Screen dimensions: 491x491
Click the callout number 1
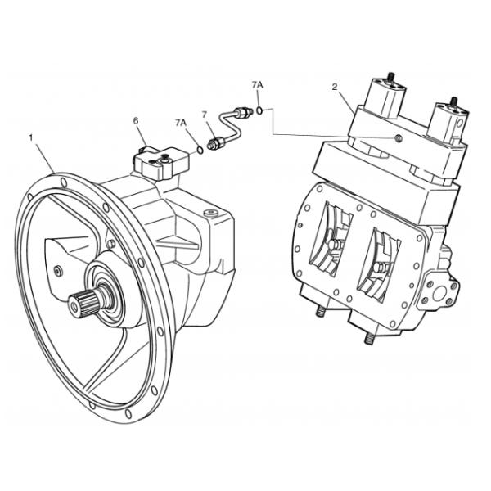(32, 137)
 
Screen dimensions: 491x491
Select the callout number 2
(335, 85)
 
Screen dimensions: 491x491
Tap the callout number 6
(137, 121)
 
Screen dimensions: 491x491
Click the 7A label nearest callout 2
(258, 84)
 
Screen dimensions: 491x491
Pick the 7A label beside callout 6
(180, 123)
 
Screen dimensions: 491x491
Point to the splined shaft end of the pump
(83, 305)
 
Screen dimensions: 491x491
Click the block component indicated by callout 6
(160, 161)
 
